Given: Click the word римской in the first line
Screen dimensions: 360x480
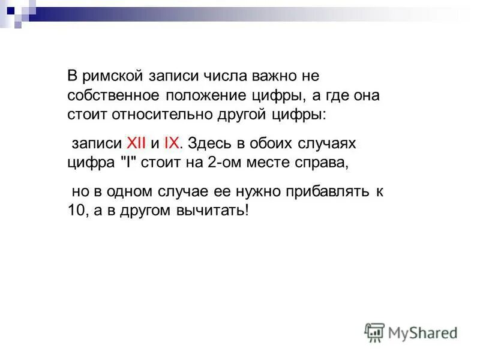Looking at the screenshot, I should click(112, 77).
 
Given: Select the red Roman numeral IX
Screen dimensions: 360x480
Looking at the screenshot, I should click(172, 143).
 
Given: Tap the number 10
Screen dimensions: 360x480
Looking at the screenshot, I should click(74, 211).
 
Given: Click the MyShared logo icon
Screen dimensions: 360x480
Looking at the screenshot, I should click(375, 332).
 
